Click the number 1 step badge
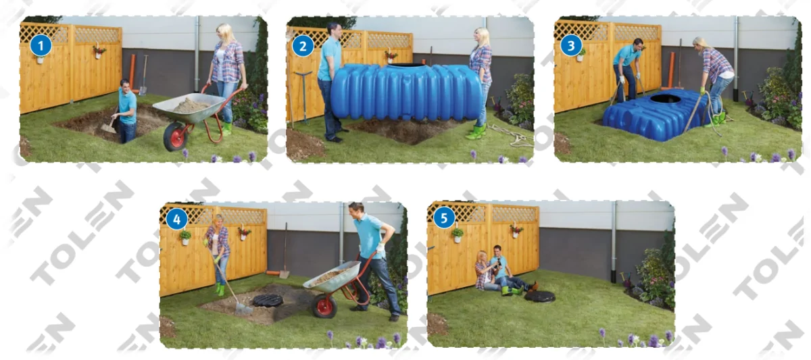tap(42, 46)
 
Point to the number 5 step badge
tap(444, 218)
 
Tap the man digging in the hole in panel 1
tap(126, 111)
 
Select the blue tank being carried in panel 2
tap(405, 93)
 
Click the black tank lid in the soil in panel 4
tap(268, 300)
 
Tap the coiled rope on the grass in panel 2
tap(513, 137)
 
